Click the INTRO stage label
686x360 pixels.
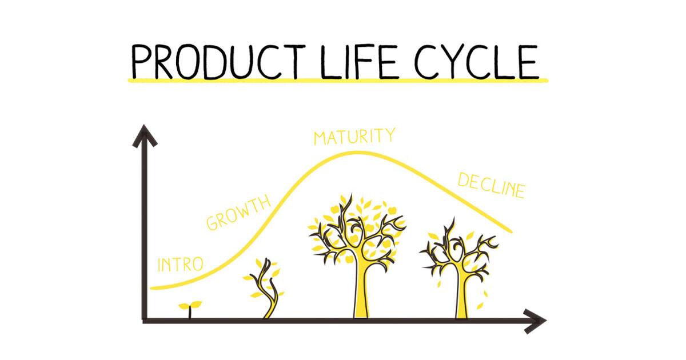point(180,265)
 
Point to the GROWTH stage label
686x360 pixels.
point(238,213)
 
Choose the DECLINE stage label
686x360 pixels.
point(491,186)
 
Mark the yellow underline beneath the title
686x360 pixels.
point(337,81)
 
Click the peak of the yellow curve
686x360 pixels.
point(354,152)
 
